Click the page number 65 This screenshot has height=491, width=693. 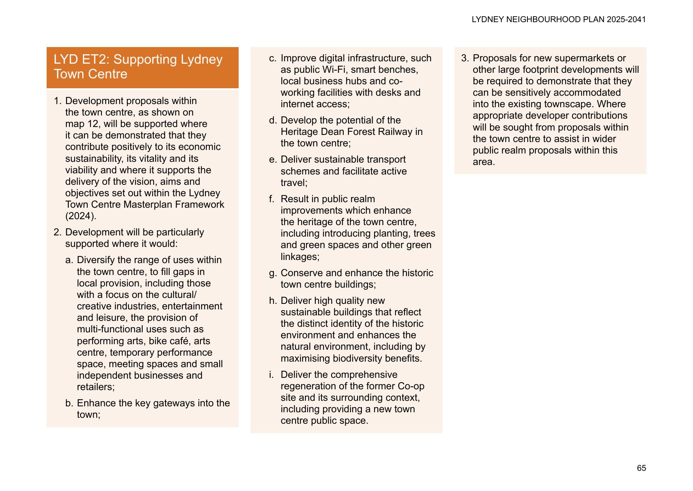[641, 468]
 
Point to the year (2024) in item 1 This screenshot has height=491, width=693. [81, 216]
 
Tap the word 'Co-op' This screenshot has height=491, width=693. [411, 386]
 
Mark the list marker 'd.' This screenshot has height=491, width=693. [273, 120]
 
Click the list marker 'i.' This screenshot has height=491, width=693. [271, 375]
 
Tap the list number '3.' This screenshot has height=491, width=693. [465, 58]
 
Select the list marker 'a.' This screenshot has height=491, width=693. [69, 260]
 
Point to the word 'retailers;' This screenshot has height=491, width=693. [96, 387]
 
